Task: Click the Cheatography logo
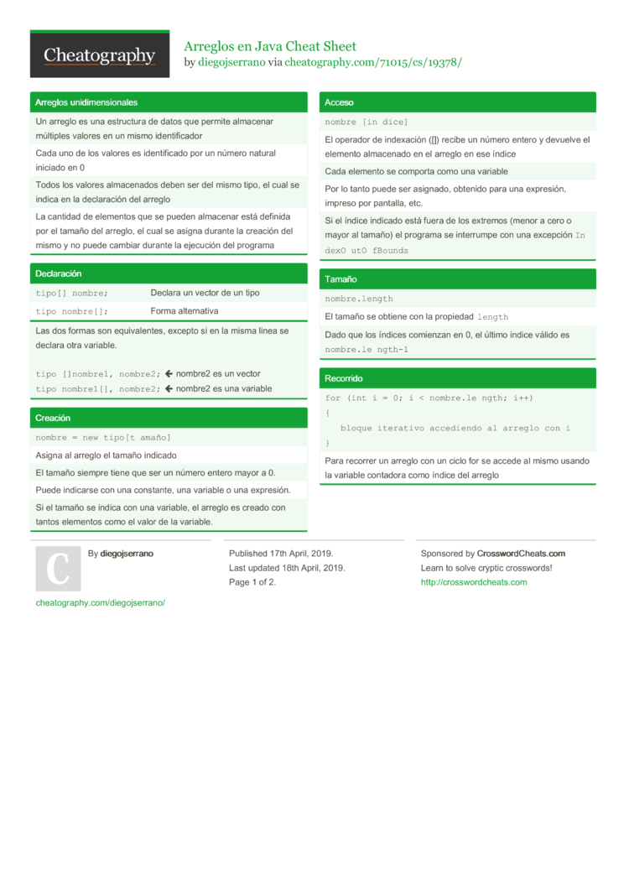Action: point(100,55)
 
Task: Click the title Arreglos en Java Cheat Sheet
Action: point(269,46)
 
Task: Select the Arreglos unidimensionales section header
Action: point(86,102)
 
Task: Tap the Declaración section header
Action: point(58,273)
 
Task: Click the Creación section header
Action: point(53,418)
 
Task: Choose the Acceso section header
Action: point(339,102)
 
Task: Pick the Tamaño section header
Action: point(340,278)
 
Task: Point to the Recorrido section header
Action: point(344,378)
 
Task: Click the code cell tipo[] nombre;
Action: point(71,293)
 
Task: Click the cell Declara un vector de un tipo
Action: point(205,293)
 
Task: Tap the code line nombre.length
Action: point(358,299)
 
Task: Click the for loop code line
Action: point(429,398)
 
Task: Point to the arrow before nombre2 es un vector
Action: point(169,374)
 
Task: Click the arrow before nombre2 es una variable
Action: point(169,389)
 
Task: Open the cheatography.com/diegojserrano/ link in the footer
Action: point(100,602)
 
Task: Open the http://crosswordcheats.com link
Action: point(473,582)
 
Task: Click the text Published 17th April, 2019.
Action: point(281,554)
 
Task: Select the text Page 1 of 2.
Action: point(252,582)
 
